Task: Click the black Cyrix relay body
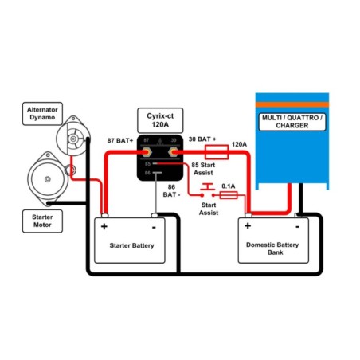[x=157, y=158]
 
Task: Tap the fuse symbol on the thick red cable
[x=217, y=149]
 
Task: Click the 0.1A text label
[x=229, y=187]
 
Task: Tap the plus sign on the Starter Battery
[x=104, y=226]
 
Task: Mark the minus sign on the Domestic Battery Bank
[x=299, y=226]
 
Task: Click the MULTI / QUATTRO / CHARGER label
[x=293, y=123]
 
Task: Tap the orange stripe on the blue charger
[x=292, y=104]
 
